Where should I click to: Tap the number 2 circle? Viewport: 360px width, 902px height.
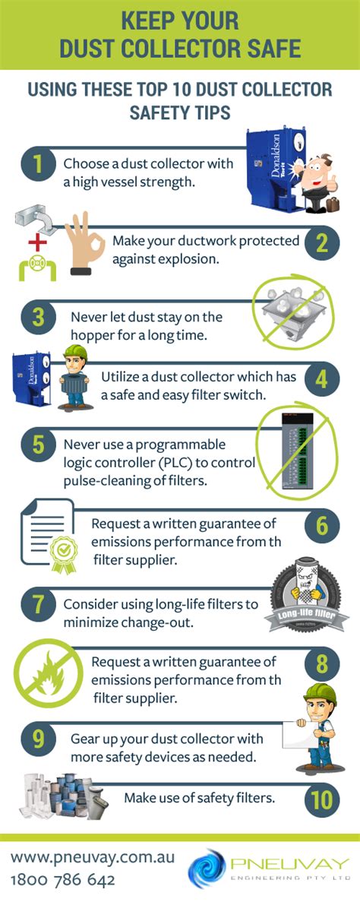(x=321, y=243)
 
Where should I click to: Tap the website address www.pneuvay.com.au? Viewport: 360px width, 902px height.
(x=93, y=857)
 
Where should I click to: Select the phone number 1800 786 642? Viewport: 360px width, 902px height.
(x=63, y=880)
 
